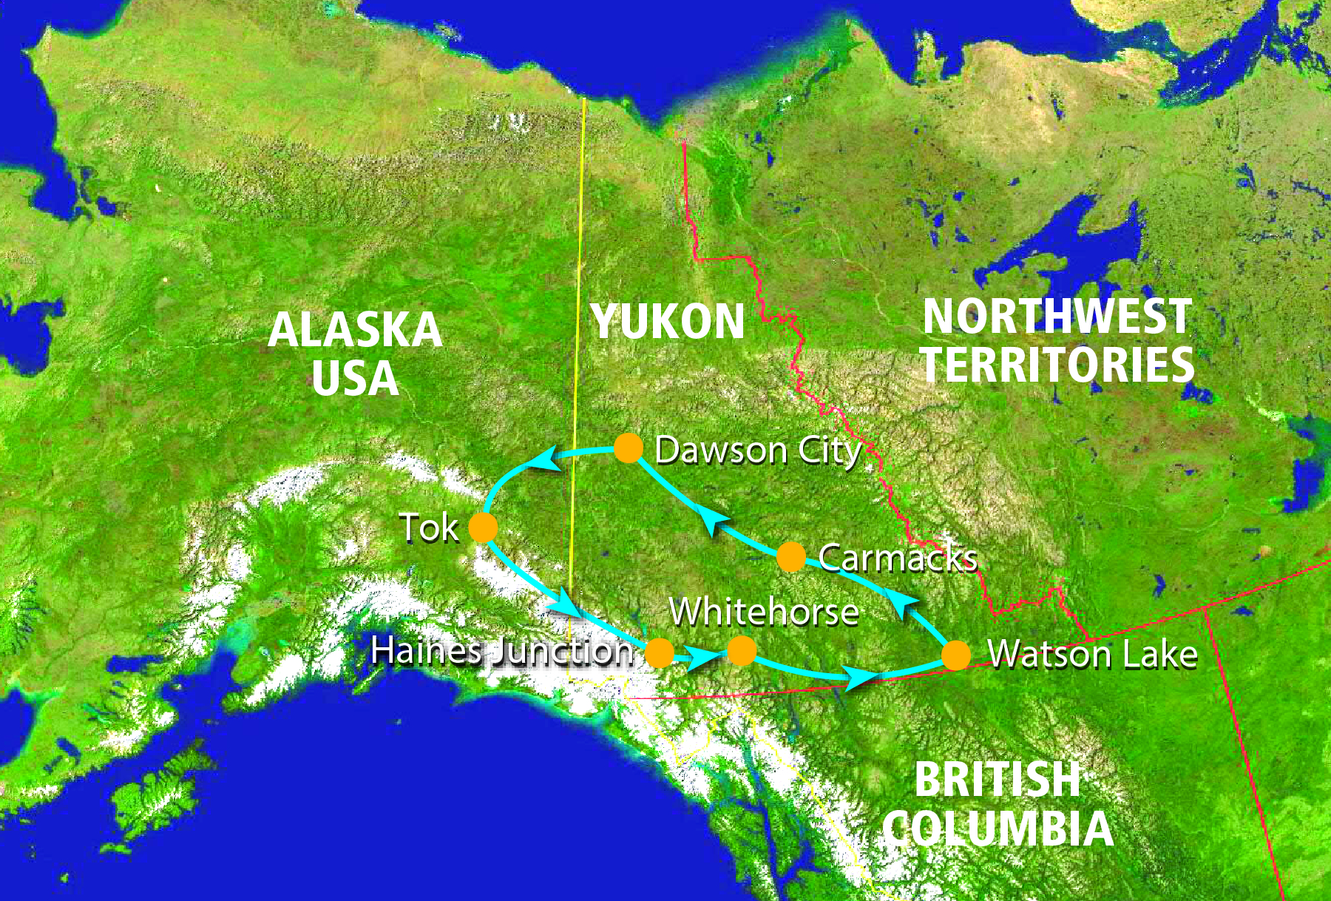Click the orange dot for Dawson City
coord(629,448)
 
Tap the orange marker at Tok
coord(483,528)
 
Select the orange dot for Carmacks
coord(790,557)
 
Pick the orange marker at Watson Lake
coord(955,655)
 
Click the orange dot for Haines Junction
coord(660,653)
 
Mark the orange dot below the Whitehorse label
coord(742,651)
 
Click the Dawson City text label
coord(758,450)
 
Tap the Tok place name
coord(429,528)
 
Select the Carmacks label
coord(898,559)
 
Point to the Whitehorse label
coord(764,613)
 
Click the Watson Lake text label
coord(1092,655)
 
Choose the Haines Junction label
coord(502,651)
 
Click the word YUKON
coord(668,323)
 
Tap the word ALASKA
coord(355,330)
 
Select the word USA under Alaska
coord(355,379)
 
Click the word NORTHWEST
coord(1057,317)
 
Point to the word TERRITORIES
coord(1057,365)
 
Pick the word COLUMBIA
coord(998,829)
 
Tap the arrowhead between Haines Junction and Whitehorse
coord(700,656)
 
